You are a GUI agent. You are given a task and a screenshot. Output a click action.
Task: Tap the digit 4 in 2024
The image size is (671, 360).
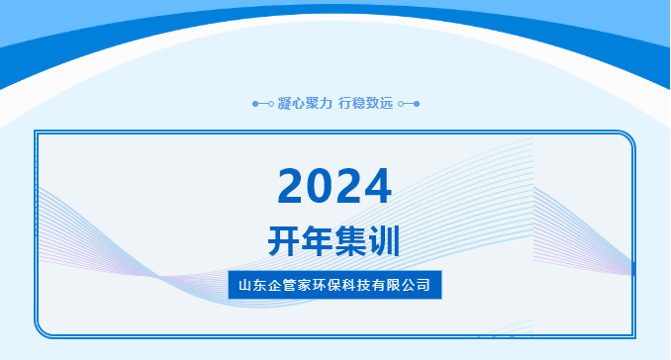tap(376, 185)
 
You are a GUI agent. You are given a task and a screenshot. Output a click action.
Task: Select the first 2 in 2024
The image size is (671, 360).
tap(293, 185)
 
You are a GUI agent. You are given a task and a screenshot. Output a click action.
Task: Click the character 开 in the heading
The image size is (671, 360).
tap(284, 240)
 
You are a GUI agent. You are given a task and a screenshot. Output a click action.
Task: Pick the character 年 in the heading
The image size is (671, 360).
tap(318, 240)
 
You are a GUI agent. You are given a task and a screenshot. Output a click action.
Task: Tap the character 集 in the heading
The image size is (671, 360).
tap(351, 240)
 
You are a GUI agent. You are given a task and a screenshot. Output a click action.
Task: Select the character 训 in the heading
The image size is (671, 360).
tap(386, 240)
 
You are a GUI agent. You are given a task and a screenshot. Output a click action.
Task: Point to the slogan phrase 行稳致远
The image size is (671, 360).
tap(365, 103)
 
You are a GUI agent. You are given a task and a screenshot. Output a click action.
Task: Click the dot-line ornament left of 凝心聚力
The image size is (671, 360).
tap(263, 103)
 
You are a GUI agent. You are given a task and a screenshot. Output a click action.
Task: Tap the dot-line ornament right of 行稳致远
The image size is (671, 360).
tap(408, 103)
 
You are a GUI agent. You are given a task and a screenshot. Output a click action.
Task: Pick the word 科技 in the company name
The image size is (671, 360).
tap(362, 285)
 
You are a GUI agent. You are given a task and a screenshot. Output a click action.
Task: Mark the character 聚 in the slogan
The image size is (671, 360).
tap(312, 103)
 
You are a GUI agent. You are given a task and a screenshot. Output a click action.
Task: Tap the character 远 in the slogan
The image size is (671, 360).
tap(386, 103)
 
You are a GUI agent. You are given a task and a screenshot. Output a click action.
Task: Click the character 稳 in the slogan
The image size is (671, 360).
tap(358, 103)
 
